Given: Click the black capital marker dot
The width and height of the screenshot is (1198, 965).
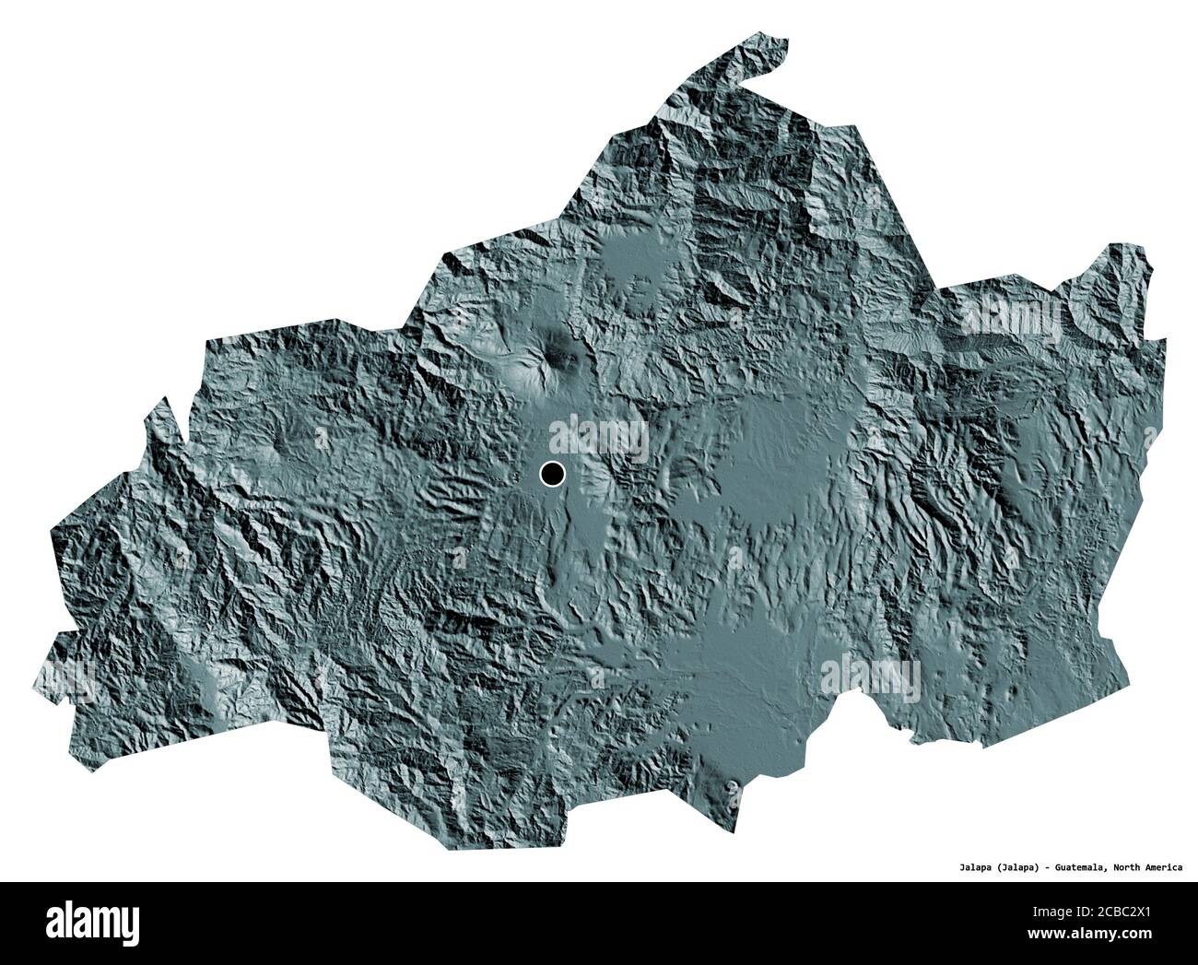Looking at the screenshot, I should pyautogui.click(x=552, y=475).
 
